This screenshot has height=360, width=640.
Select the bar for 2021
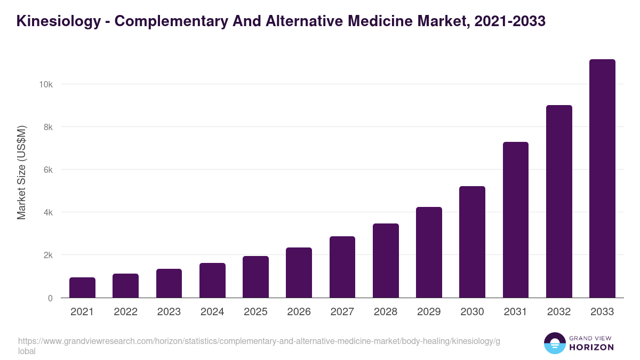pos(82,287)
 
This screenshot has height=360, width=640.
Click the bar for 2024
pos(212,281)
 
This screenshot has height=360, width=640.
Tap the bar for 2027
pos(342,267)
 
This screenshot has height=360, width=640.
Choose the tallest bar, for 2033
pos(602,179)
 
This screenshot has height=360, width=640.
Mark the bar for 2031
pos(516,220)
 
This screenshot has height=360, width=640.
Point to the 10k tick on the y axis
pos(45,84)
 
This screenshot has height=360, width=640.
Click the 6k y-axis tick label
pos(47,170)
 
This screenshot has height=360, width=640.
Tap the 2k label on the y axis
pos(47,255)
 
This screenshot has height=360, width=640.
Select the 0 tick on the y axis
pos(50,298)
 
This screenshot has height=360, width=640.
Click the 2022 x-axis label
pos(125,312)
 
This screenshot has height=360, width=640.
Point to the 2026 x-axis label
pos(299,312)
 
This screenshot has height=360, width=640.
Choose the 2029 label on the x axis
pos(429,312)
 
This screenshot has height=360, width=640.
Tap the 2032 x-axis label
pos(559,312)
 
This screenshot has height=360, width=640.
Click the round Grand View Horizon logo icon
pos(554,343)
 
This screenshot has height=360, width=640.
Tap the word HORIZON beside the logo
pos(591,347)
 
